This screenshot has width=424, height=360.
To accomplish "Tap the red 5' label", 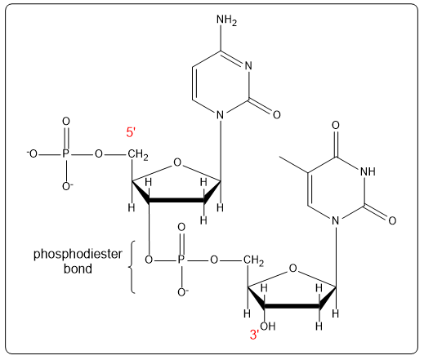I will [x=131, y=131].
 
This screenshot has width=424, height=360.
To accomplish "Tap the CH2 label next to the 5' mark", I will [x=138, y=153].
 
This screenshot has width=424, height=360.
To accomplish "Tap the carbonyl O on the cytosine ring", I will [x=276, y=115].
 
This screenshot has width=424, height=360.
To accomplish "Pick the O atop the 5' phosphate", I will [x=67, y=122].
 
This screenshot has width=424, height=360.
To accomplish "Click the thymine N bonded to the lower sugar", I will [x=335, y=220].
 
